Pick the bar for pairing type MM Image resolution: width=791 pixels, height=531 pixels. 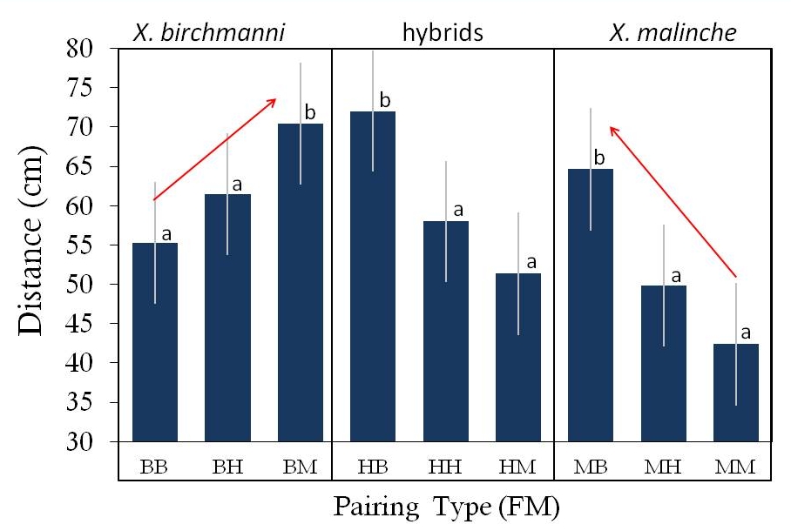click(735, 393)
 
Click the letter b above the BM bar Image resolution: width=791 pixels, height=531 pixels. click(308, 113)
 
